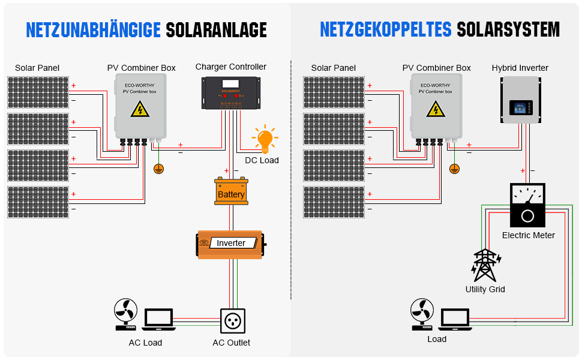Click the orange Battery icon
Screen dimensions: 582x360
tap(231, 191)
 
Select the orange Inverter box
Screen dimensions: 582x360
tap(231, 244)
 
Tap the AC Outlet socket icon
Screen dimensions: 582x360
tap(233, 321)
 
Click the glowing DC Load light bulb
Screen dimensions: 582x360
tap(265, 139)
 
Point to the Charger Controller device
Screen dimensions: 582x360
tap(231, 93)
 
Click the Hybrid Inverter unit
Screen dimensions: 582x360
tap(520, 100)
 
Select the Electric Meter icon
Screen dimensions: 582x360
tap(527, 205)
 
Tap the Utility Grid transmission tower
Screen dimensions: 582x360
tap(485, 265)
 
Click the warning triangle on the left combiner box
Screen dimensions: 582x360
tap(140, 109)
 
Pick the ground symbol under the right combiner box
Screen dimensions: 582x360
tap(454, 169)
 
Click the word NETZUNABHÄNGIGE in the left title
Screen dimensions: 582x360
tap(93, 30)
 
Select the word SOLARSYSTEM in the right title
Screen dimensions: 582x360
tap(508, 29)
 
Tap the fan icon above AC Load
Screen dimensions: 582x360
tap(126, 314)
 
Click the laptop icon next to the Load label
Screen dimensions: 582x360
tap(455, 319)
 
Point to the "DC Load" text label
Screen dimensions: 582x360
tap(262, 160)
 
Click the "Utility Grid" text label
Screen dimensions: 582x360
tap(485, 289)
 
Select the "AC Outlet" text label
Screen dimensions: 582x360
tap(231, 343)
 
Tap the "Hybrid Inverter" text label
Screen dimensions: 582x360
tap(520, 68)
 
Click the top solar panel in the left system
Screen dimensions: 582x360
tap(38, 92)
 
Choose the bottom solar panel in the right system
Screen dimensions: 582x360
tap(334, 202)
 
